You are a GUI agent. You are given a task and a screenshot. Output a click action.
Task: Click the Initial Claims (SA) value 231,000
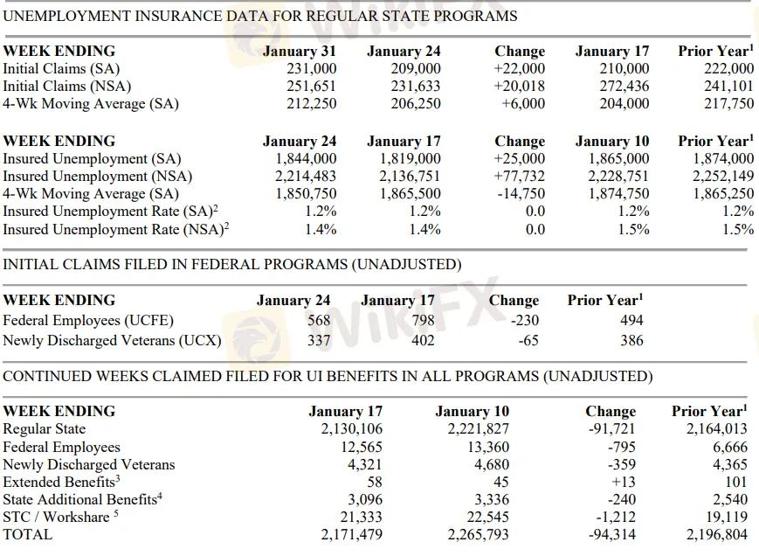(311, 69)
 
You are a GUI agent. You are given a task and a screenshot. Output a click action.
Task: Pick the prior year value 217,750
(728, 104)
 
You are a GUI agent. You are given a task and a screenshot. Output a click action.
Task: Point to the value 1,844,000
(306, 159)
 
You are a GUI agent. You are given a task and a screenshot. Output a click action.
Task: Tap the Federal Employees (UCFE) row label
(88, 320)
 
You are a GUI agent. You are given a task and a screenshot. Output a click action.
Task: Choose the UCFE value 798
(423, 320)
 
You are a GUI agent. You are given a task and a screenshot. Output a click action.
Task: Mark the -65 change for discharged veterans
(528, 340)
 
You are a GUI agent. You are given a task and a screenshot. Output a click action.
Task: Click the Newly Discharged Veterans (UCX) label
(112, 340)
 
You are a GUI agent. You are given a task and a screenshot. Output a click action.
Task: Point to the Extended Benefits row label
(60, 482)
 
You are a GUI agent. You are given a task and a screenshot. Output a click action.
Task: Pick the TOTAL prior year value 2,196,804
(717, 534)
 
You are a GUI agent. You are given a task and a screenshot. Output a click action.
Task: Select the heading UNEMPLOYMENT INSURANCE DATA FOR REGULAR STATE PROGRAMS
(260, 16)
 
